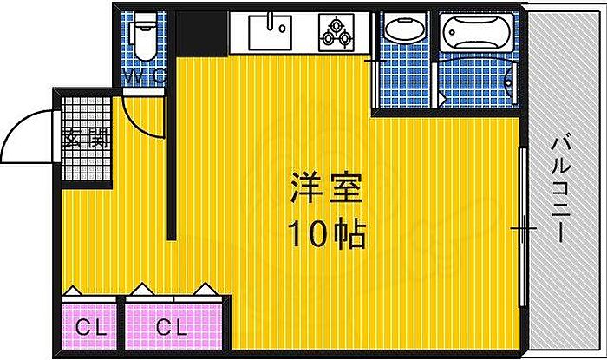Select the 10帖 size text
[326, 232]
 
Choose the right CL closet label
[171, 327]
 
